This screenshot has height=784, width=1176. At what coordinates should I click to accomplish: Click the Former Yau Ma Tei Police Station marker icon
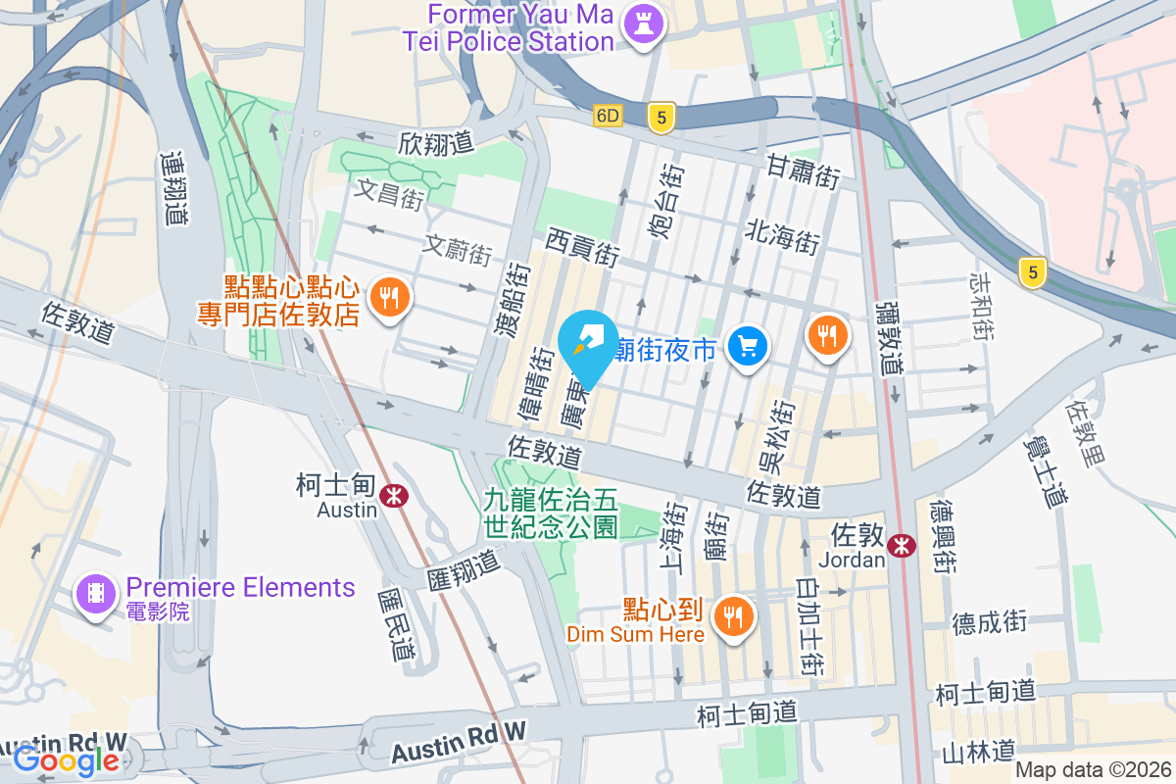tap(645, 23)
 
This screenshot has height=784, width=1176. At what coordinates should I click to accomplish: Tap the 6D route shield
tap(608, 116)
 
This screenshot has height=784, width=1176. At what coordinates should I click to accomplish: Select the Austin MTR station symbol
tap(396, 495)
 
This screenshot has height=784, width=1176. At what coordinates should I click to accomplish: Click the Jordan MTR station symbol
tap(901, 545)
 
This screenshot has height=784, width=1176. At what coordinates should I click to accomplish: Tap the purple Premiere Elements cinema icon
tap(95, 595)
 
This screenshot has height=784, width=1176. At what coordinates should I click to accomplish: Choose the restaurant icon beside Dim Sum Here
tap(732, 618)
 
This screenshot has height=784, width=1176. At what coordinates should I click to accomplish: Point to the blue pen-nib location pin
tap(587, 345)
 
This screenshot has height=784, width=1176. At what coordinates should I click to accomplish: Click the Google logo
tap(66, 759)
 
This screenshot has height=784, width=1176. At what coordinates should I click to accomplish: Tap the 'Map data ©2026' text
tap(1093, 769)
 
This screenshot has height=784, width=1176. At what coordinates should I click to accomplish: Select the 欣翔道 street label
tap(436, 143)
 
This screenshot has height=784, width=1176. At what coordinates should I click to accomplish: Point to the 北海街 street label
tap(782, 236)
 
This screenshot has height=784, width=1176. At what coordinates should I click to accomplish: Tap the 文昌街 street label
tap(390, 193)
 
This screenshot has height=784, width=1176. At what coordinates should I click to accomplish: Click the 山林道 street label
tap(977, 752)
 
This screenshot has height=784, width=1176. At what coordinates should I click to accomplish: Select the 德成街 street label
tap(989, 620)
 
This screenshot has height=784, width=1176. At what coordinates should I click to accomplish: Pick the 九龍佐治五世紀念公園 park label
tap(551, 514)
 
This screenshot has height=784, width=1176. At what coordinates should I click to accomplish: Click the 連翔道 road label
tap(174, 188)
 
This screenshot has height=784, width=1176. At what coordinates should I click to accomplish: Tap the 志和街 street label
tap(980, 306)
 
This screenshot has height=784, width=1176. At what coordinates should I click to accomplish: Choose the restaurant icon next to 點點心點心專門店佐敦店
tap(390, 300)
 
